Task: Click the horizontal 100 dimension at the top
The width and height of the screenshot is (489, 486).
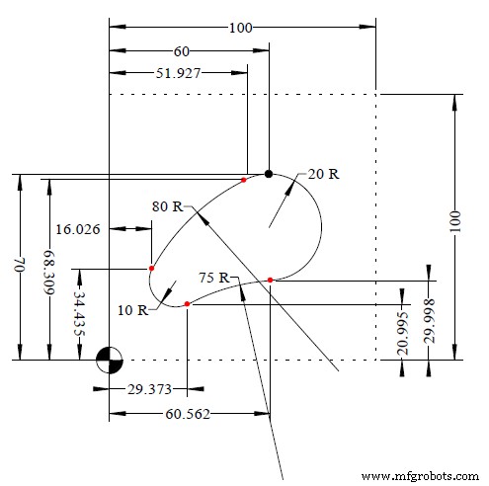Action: click(x=240, y=27)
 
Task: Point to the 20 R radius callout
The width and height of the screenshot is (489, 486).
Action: click(x=323, y=173)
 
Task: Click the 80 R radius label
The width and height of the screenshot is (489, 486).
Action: click(x=168, y=207)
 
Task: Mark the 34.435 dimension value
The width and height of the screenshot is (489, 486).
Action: click(x=78, y=314)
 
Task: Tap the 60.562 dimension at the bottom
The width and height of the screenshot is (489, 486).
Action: click(x=189, y=414)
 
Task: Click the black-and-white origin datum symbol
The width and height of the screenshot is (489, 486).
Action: click(x=109, y=361)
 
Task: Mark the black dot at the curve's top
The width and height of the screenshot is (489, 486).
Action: click(x=269, y=174)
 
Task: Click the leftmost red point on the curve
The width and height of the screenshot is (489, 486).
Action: click(x=151, y=268)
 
